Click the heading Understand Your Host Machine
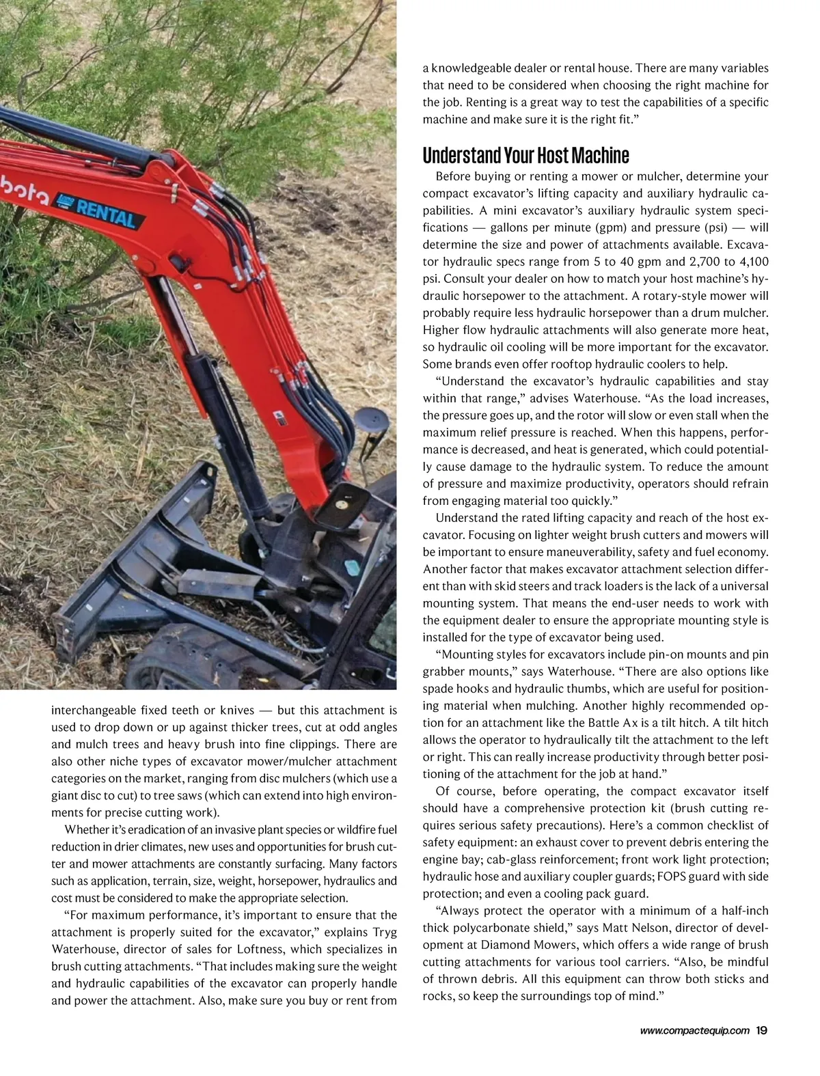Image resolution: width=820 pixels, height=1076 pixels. coord(525,155)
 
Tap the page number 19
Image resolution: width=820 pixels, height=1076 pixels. coord(762,1031)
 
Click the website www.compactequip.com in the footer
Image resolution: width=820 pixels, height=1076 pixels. coord(694,1032)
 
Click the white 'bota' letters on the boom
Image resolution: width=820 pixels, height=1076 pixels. coord(25,193)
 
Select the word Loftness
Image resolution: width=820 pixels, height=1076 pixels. coord(264,949)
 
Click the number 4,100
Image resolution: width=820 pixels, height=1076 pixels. coord(750,262)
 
